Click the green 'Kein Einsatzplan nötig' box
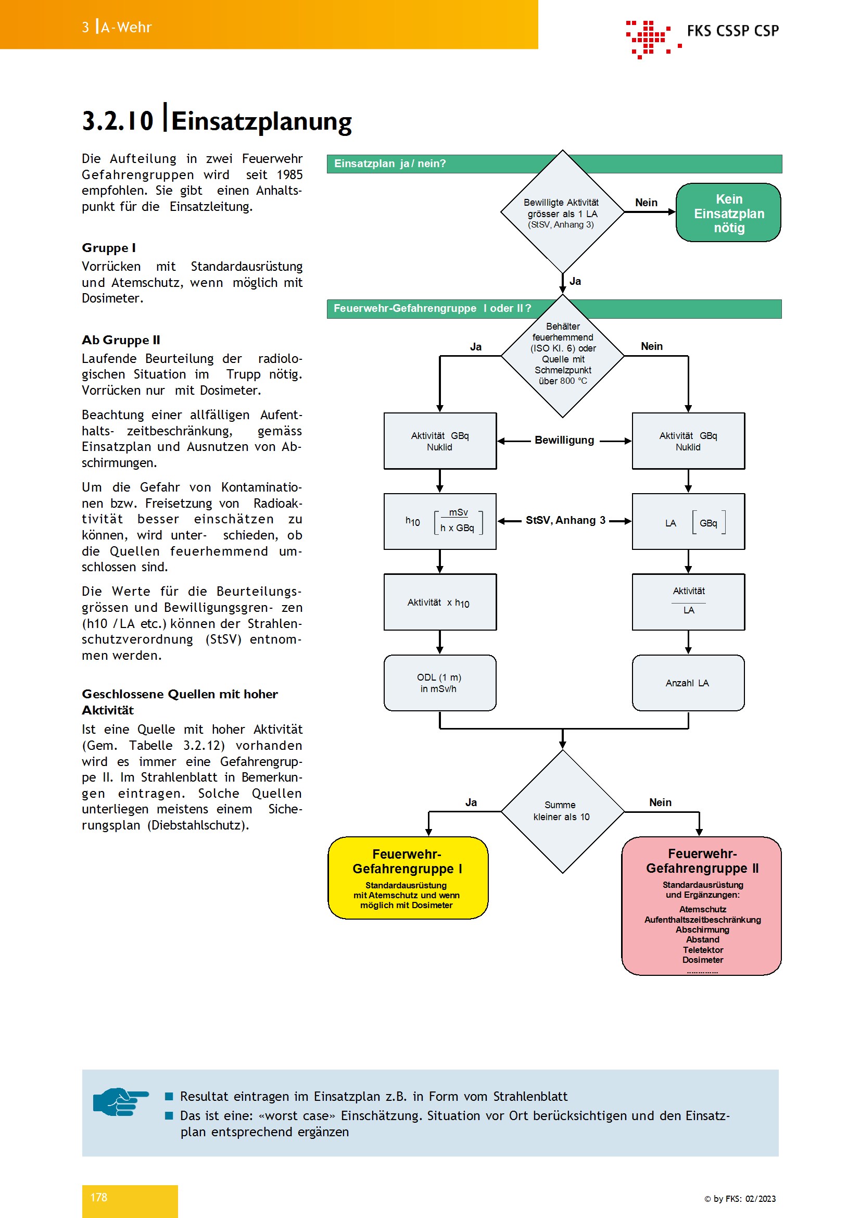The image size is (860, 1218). [728, 213]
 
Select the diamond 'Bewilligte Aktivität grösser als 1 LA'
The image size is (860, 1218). [562, 211]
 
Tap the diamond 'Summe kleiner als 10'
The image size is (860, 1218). [562, 811]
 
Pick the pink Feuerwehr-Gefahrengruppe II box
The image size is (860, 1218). [701, 906]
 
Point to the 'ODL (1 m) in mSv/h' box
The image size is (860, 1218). [439, 683]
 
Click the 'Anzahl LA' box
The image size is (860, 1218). [688, 683]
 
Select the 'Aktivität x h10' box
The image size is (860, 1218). [440, 602]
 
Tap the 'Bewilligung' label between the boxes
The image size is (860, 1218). [564, 440]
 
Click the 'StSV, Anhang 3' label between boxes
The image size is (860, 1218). [565, 520]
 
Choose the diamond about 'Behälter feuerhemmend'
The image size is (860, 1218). [562, 356]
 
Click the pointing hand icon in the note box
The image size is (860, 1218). [121, 1102]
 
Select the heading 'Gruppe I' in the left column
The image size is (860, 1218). [109, 248]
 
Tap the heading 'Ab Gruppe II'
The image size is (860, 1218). [121, 340]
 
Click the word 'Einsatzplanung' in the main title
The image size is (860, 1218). [261, 121]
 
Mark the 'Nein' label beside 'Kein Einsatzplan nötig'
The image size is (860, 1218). [647, 203]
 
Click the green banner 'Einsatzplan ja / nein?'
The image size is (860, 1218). [554, 164]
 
